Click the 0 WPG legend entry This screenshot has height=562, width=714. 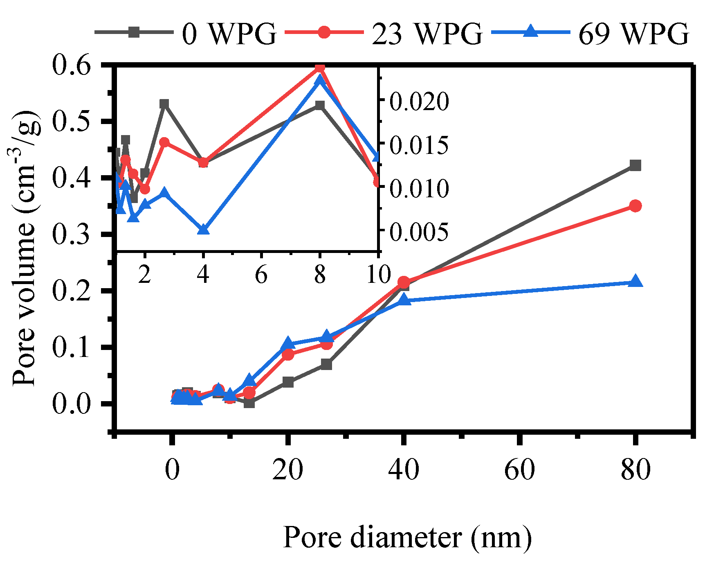coord(186,33)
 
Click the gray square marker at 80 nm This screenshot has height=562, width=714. coord(635,165)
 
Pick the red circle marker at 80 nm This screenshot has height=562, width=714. coord(635,206)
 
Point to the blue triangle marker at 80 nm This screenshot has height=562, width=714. coord(635,282)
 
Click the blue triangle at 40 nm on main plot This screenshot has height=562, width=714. coord(404,300)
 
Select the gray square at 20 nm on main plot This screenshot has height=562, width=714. coord(288,382)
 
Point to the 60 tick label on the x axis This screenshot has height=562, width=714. coord(519,469)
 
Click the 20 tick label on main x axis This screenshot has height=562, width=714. coord(287,469)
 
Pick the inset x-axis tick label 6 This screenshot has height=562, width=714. coord(261,274)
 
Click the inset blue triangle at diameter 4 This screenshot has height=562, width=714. coord(203,230)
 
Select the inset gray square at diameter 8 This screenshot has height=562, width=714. coord(320,105)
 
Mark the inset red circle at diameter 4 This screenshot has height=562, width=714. coord(203,163)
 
